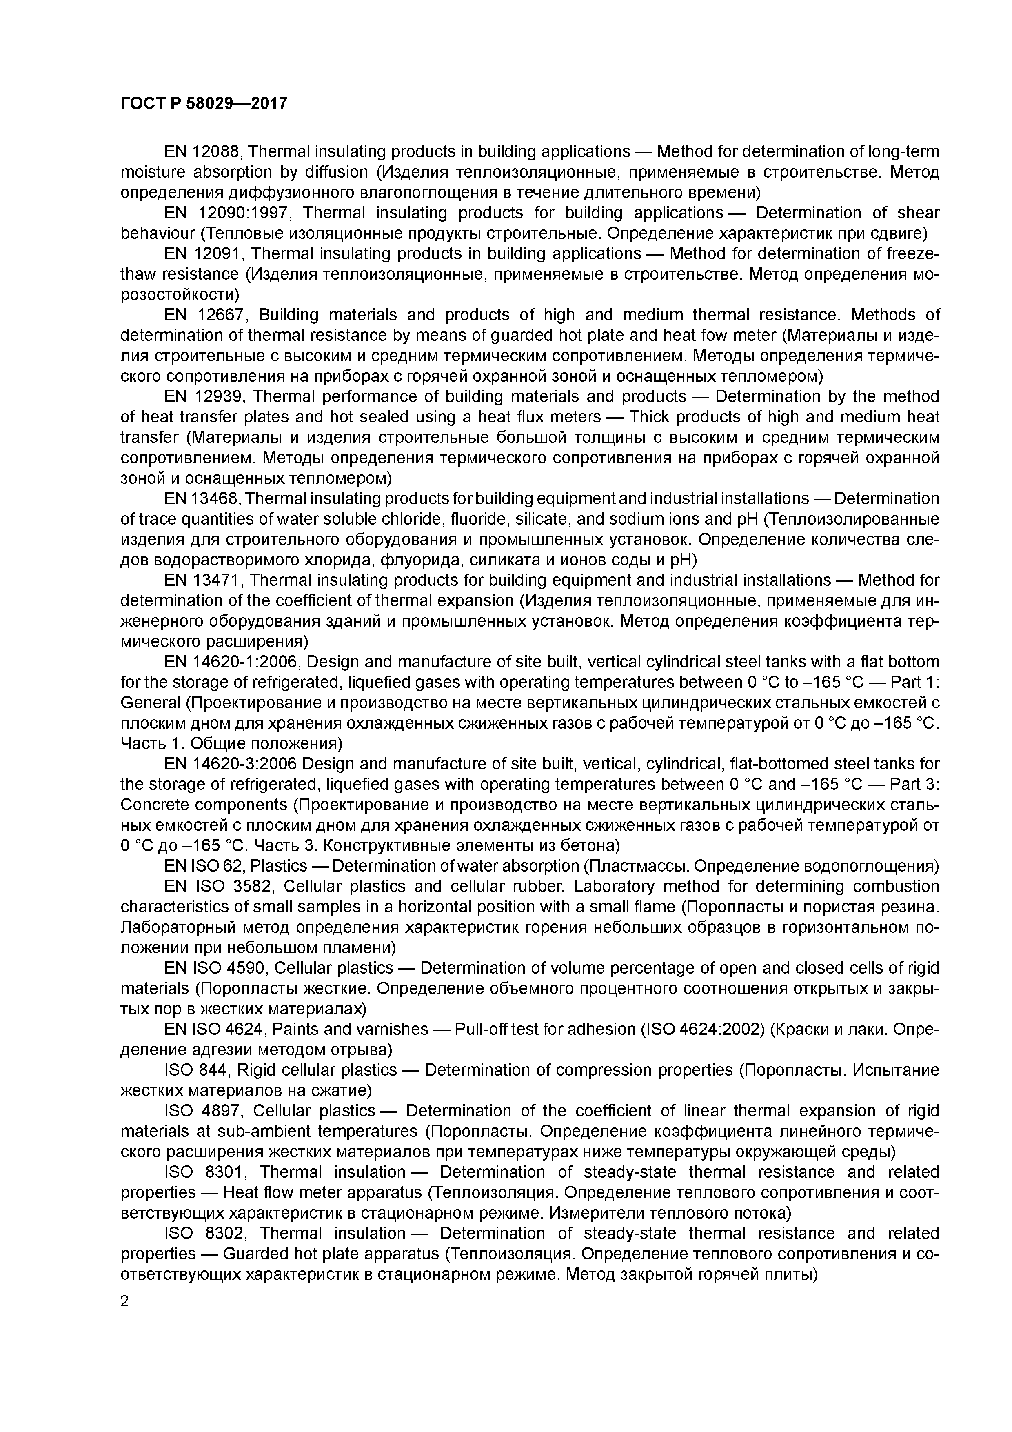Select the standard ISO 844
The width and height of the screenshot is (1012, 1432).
[x=198, y=1070]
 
